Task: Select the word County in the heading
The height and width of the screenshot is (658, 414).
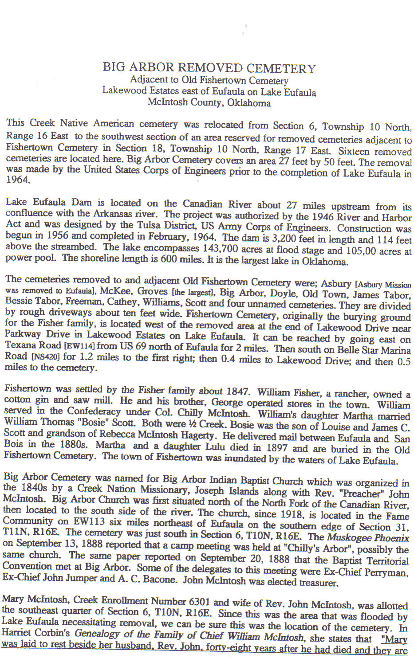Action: [208, 103]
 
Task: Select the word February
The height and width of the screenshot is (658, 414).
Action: [195, 237]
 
